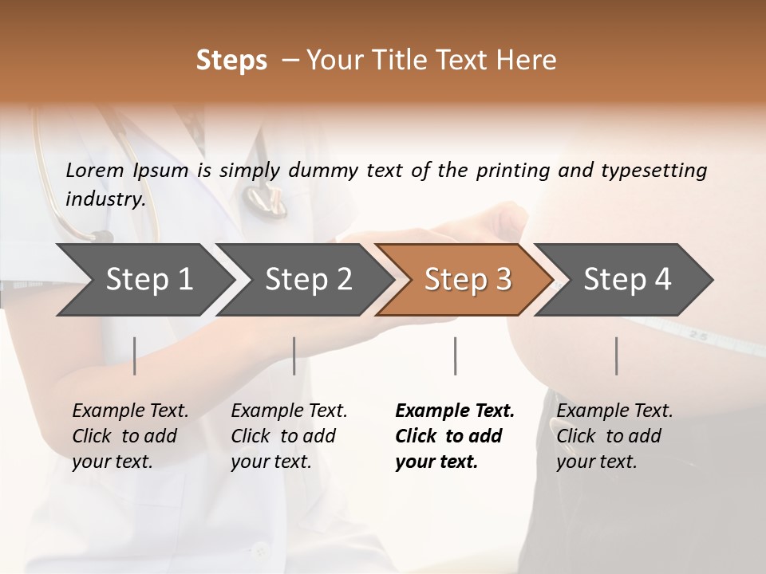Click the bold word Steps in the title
coord(231,61)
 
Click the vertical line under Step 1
coord(135,356)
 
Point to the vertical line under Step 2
coord(294,356)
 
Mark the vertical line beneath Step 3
coord(456,356)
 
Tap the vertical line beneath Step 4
coord(617,356)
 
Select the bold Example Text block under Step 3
coord(455,436)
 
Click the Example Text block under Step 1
coord(130,436)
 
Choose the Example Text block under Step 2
coord(289,436)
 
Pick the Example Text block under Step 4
coord(614,436)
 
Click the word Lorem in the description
coord(95,171)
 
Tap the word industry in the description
coord(105,199)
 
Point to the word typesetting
coord(653,171)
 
